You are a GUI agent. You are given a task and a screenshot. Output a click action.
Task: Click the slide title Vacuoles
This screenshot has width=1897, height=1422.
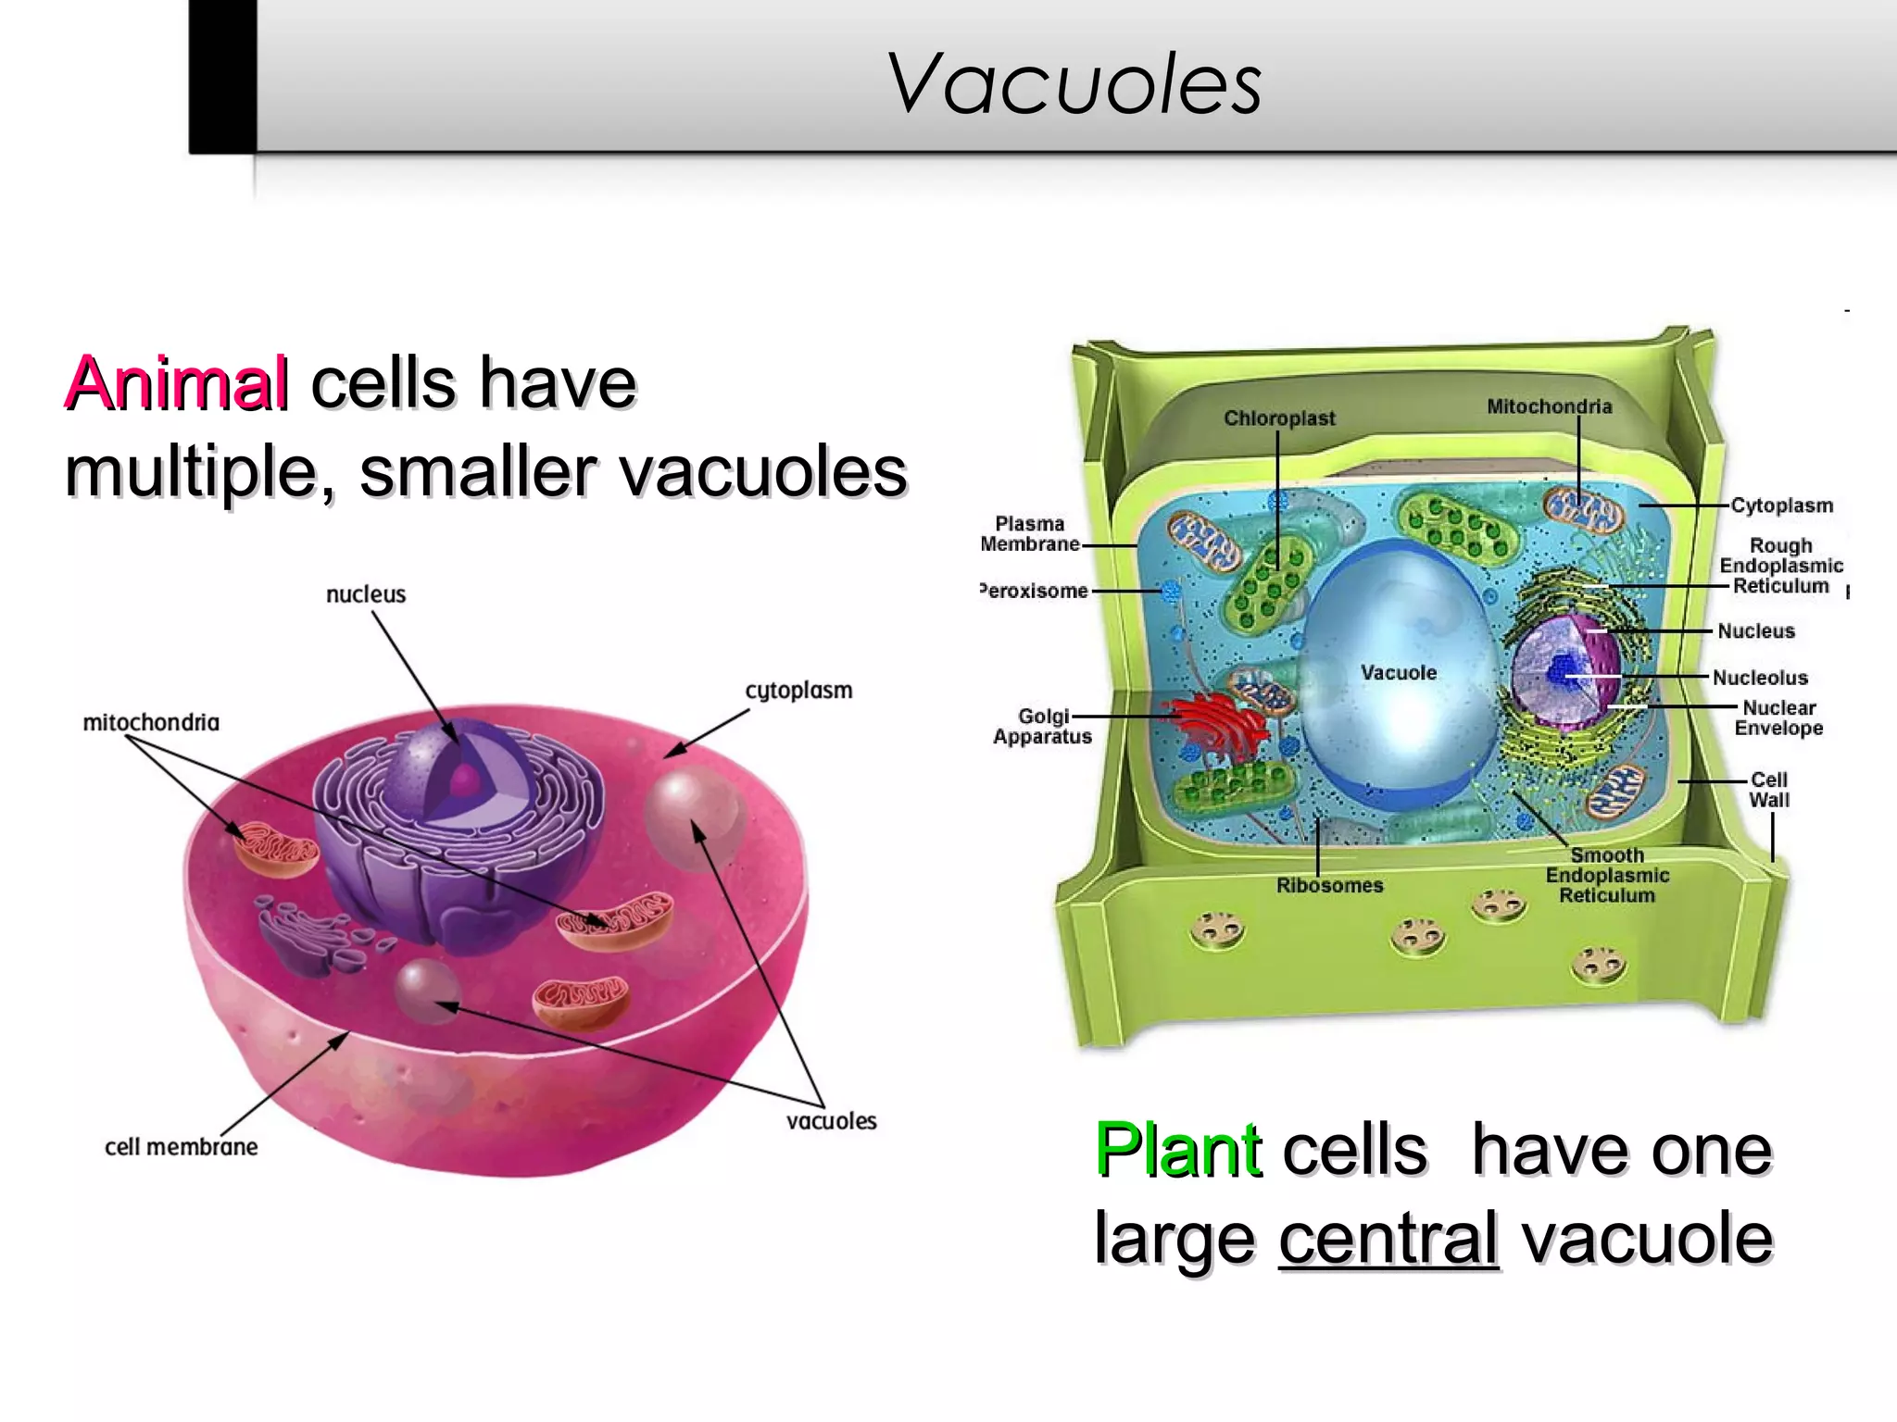(1074, 85)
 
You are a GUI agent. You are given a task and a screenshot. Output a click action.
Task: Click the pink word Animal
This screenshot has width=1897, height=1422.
(176, 383)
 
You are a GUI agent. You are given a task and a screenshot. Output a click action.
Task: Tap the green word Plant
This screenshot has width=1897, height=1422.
(1177, 1150)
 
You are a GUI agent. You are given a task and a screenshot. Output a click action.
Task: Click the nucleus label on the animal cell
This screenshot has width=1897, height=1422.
(366, 594)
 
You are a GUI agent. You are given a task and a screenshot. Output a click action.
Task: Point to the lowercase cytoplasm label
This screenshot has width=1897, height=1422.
(798, 691)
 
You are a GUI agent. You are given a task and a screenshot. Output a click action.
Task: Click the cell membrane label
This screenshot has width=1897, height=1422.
(182, 1147)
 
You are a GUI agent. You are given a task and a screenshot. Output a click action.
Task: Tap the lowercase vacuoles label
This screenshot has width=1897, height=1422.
(831, 1121)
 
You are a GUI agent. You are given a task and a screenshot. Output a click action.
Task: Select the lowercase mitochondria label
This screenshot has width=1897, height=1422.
(151, 722)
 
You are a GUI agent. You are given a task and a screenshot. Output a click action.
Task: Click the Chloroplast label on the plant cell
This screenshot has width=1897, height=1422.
(1279, 418)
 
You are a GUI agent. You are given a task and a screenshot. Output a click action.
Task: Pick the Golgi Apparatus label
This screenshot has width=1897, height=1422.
(1043, 727)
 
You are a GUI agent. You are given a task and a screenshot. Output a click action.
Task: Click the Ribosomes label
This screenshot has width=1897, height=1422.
(1329, 886)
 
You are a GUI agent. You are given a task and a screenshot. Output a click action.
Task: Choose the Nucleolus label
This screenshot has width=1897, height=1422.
(1760, 678)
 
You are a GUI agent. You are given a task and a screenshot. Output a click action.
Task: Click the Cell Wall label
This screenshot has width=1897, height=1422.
(1768, 790)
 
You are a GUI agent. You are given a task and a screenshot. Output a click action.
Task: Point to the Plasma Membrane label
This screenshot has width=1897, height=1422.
(1030, 534)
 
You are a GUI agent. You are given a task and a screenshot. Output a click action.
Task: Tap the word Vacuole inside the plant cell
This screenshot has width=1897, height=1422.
(1399, 673)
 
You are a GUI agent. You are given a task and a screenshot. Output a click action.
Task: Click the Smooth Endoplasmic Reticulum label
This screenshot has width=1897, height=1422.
(1607, 875)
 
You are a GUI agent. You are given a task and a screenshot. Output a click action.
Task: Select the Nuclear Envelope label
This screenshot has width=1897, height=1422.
(1778, 717)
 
